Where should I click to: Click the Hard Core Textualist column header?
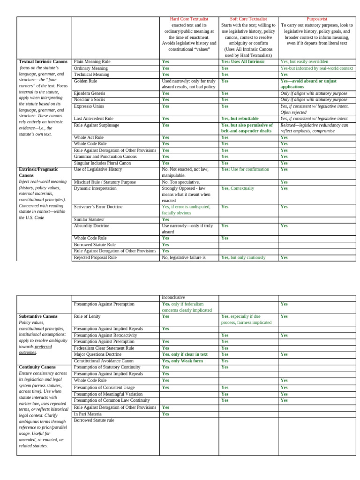(189, 19)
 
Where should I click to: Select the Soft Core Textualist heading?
(248, 19)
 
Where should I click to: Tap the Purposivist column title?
(317, 19)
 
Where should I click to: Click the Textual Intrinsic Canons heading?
(43, 62)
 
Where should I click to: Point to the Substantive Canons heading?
(38, 316)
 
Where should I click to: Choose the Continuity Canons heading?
(37, 367)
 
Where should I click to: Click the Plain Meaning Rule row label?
(92, 62)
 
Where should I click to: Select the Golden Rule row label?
(86, 81)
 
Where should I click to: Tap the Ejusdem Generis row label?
(90, 93)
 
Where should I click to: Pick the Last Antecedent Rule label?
(94, 119)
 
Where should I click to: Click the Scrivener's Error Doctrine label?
(98, 207)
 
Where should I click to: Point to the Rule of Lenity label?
(87, 316)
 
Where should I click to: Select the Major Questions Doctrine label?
(97, 354)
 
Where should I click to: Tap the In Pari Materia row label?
(88, 414)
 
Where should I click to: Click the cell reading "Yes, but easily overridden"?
(304, 62)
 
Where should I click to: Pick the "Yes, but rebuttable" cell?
(240, 119)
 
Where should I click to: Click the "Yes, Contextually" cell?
(238, 188)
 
